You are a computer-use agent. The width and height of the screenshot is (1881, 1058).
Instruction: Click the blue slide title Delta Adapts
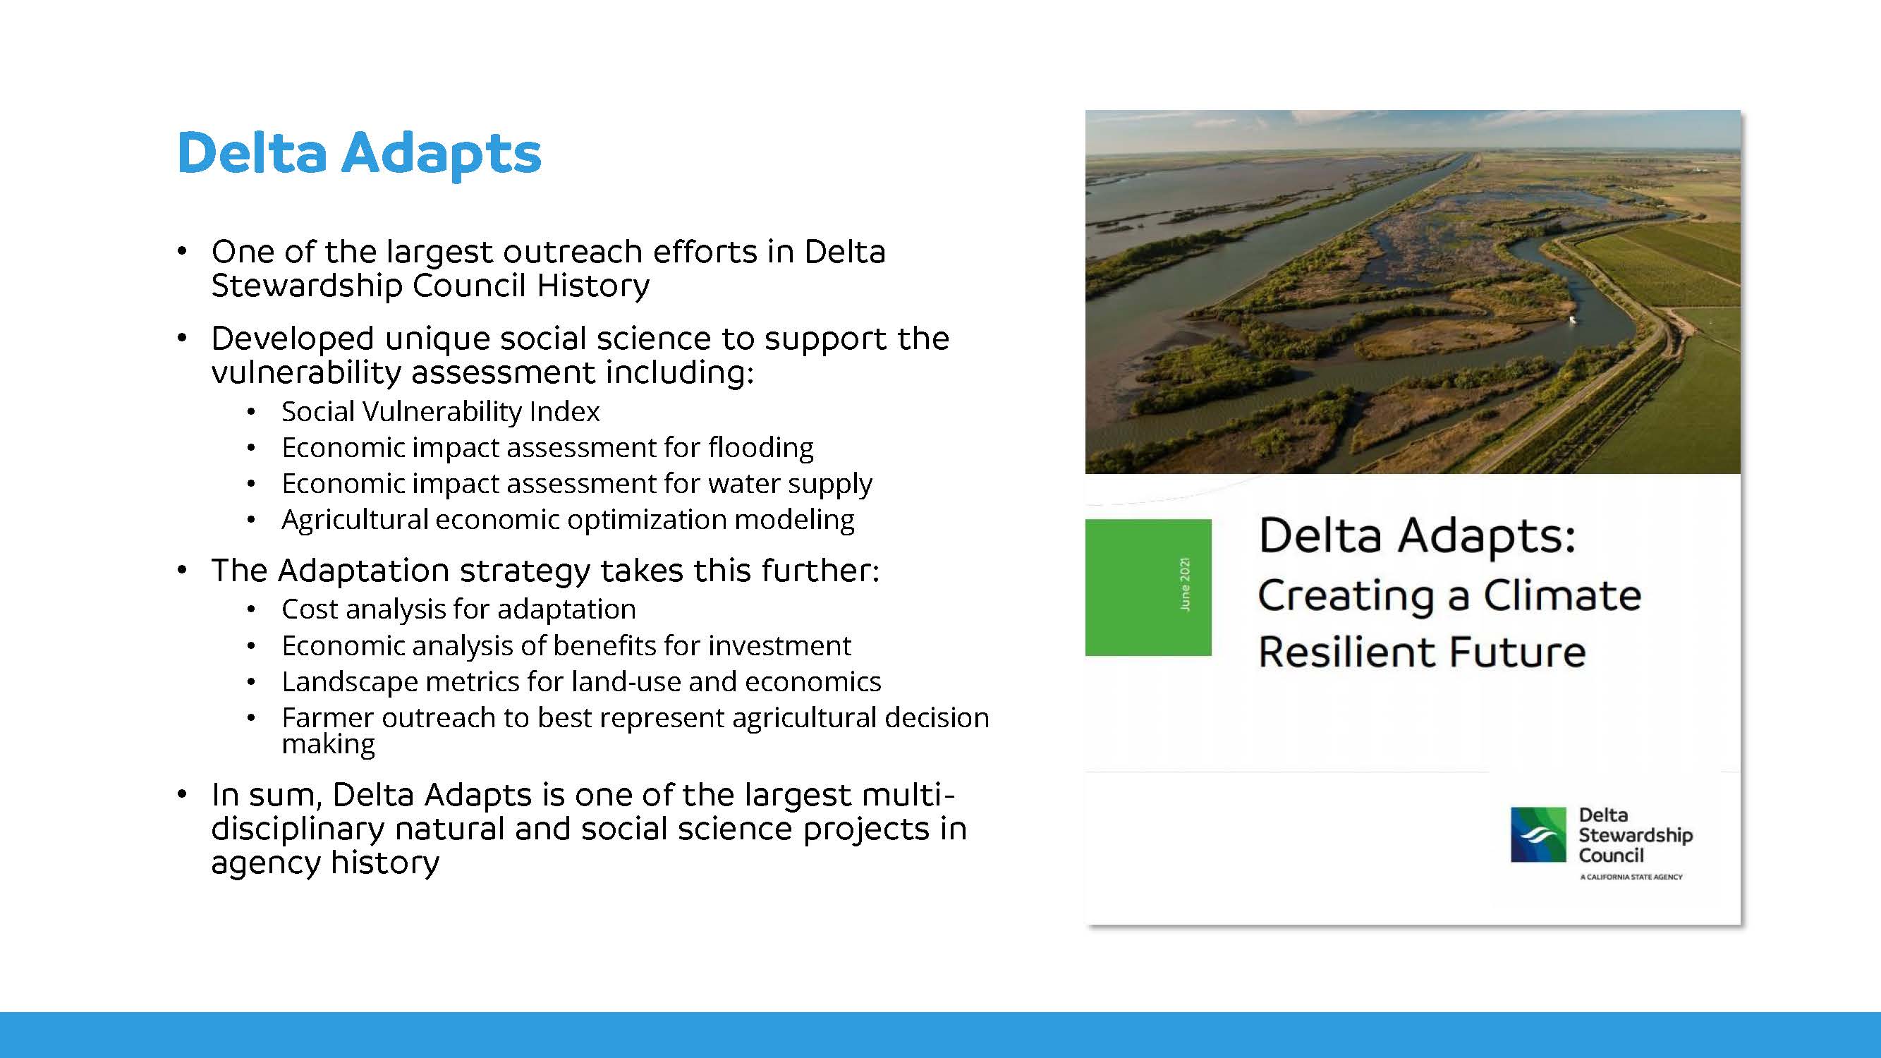[359, 153]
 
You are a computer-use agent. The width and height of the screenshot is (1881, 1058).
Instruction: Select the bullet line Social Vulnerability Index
[440, 412]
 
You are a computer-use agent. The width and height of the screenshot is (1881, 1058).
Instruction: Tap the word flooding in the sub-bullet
[760, 449]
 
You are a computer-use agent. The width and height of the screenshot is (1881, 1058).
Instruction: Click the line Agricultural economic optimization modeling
[568, 520]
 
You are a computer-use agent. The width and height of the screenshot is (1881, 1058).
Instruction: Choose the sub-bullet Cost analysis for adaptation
[458, 609]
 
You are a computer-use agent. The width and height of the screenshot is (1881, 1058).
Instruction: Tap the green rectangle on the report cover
[1148, 587]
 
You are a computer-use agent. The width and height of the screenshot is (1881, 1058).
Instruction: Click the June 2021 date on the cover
[1184, 585]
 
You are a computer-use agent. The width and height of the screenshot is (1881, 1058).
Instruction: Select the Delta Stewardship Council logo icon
[1538, 834]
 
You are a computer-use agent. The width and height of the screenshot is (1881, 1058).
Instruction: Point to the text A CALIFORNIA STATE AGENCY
[1631, 877]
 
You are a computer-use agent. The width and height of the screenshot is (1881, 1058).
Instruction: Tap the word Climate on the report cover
[1563, 595]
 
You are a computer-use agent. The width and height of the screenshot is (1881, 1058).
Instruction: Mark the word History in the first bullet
[592, 286]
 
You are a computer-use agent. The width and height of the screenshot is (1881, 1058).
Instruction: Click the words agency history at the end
[325, 863]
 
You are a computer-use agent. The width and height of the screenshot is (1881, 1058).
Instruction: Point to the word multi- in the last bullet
[908, 794]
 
